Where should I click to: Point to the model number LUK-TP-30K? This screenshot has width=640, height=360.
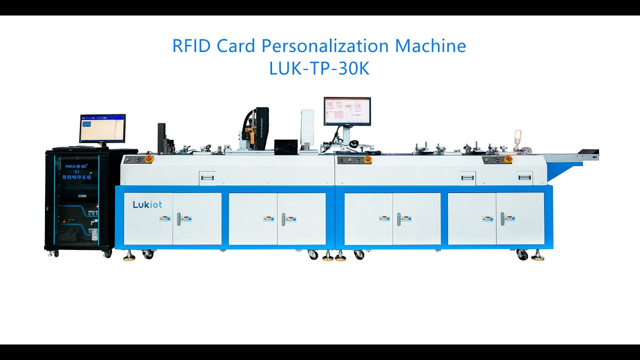pos(319,69)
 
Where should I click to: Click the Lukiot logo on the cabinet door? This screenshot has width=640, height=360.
pos(147,204)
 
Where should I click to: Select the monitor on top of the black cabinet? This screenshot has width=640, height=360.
pos(102,128)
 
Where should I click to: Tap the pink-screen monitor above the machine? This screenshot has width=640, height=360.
pos(347,111)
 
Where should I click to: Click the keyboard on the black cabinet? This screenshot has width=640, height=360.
pos(80,148)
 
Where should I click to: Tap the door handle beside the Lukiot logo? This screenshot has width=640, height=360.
pos(178,219)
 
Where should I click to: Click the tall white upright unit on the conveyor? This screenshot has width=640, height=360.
pos(307,127)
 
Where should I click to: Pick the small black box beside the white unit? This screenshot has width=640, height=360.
pos(285,145)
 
